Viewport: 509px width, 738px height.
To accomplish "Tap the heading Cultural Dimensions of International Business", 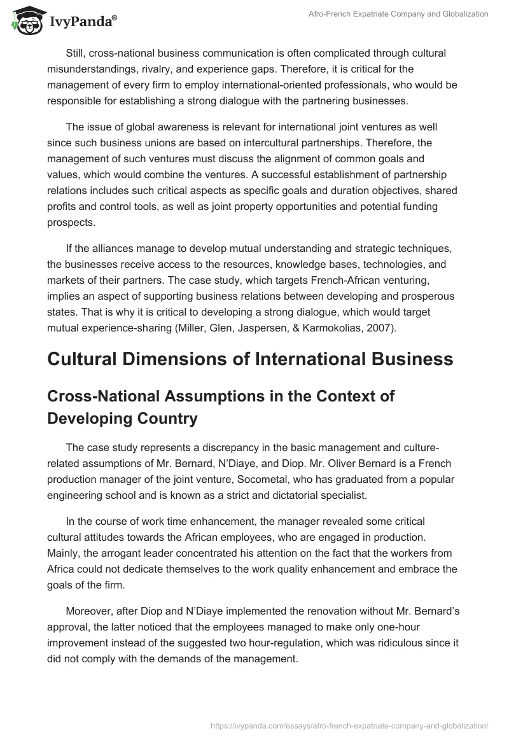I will pos(250,359).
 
